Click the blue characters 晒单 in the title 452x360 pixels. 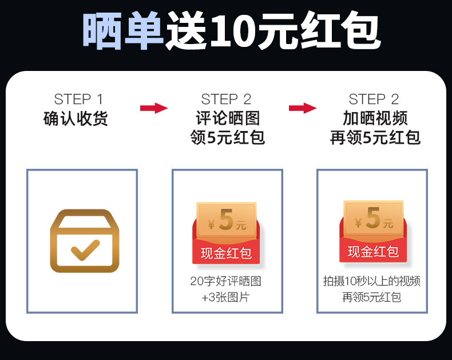click(x=122, y=30)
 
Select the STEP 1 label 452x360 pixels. click(x=79, y=99)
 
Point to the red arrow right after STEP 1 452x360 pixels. click(x=153, y=108)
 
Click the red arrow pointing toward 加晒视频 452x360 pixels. click(x=302, y=108)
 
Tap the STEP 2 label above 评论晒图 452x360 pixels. click(x=227, y=99)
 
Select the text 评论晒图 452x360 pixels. click(x=227, y=118)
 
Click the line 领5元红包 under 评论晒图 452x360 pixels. click(x=227, y=138)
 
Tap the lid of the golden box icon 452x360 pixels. click(x=85, y=220)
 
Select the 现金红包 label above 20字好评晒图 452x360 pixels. click(x=226, y=252)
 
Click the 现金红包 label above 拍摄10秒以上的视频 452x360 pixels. click(x=373, y=251)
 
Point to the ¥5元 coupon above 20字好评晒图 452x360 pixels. click(x=226, y=220)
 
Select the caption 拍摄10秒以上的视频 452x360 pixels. click(x=372, y=281)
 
